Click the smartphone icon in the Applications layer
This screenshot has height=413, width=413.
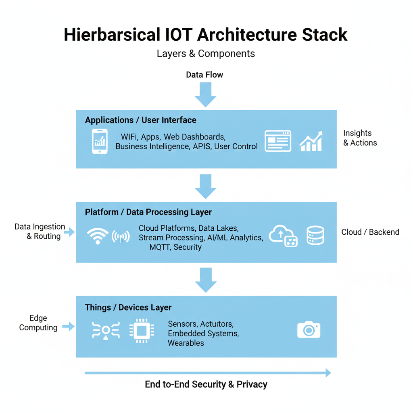click(100, 141)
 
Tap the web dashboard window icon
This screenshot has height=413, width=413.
click(278, 141)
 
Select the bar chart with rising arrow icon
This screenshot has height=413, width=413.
click(311, 141)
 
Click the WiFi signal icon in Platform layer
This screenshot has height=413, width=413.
click(98, 236)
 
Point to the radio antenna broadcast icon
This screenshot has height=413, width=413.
click(121, 237)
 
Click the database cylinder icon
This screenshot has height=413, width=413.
click(315, 236)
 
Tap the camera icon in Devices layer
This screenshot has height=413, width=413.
click(309, 330)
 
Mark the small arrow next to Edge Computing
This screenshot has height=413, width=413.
click(69, 326)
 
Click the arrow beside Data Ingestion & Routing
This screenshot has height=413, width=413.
click(69, 232)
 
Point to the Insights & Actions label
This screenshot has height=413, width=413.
click(360, 138)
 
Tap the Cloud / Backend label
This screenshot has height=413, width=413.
click(370, 232)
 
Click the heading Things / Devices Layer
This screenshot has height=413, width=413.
click(128, 307)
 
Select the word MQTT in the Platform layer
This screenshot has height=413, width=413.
click(160, 247)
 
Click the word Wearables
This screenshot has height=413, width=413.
click(186, 343)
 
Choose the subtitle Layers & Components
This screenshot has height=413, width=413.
click(206, 54)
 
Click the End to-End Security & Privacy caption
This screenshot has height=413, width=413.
click(206, 384)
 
